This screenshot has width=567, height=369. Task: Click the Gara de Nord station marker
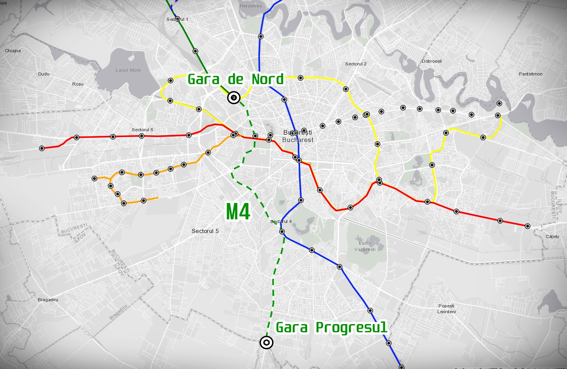[234, 98]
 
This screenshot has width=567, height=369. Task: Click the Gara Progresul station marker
[266, 342]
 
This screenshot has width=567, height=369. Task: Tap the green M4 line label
[238, 212]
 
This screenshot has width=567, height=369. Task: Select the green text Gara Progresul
[331, 328]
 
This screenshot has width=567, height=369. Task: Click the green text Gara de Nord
[236, 79]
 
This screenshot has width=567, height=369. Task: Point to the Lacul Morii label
[128, 70]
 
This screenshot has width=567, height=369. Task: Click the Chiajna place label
[13, 51]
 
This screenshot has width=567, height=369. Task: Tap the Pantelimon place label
[531, 74]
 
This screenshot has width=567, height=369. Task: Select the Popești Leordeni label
[446, 309]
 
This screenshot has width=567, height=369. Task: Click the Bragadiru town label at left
[48, 300]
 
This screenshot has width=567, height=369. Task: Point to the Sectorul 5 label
[205, 231]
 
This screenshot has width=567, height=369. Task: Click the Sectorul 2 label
[356, 64]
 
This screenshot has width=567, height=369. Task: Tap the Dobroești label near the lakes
[432, 61]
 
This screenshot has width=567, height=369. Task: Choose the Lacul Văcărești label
[365, 246]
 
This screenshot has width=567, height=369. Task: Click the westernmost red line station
[42, 148]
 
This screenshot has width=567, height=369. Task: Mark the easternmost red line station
[527, 226]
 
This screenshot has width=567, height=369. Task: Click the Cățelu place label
[552, 237]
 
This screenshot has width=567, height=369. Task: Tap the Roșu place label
[78, 84]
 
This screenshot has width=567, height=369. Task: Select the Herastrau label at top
[251, 6]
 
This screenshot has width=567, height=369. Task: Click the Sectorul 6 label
[142, 130]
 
